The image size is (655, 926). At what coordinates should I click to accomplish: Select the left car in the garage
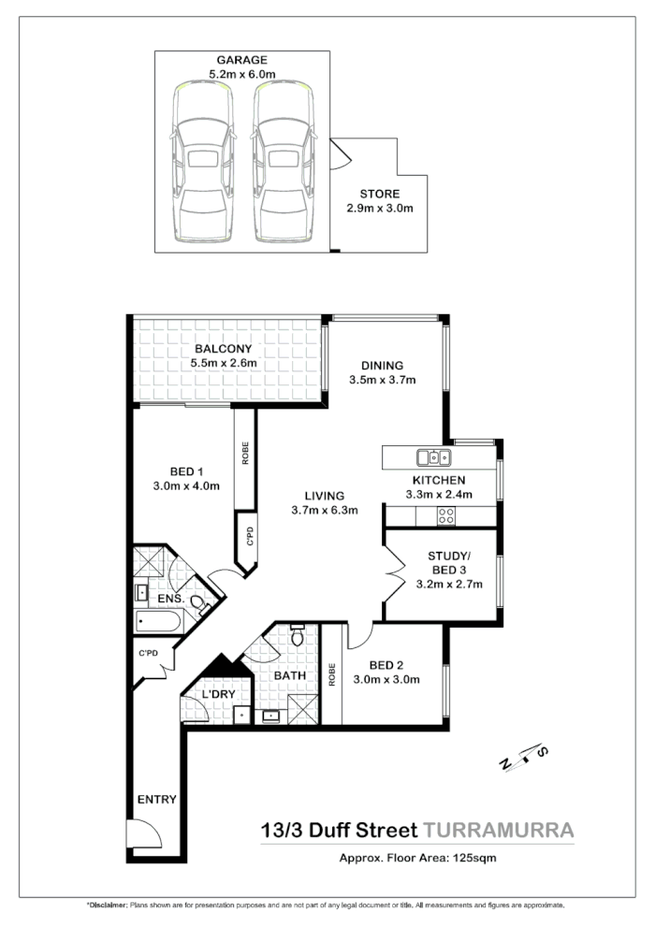pos(202,163)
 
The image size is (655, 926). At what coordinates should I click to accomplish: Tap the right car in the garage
pos(281,163)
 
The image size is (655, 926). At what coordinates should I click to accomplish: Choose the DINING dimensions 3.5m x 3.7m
pos(382,380)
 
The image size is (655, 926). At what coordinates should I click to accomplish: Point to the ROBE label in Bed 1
pos(245,454)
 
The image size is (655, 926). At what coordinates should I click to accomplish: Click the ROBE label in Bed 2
pos(332,674)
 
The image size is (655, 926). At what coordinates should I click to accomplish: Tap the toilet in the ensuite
pos(199,602)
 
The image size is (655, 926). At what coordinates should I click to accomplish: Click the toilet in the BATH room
pos(298,637)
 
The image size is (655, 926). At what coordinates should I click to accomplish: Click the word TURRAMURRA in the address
pos(498,829)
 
